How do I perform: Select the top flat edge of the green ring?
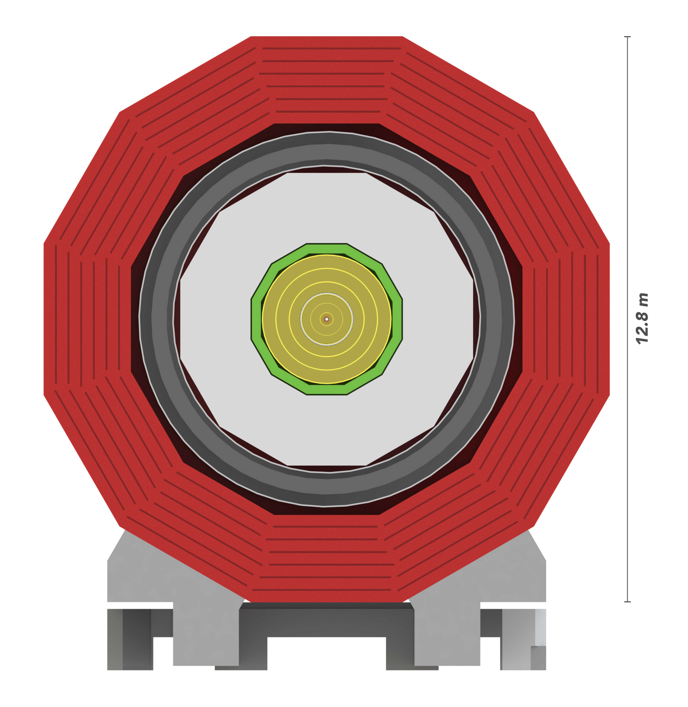pyautogui.click(x=327, y=249)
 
